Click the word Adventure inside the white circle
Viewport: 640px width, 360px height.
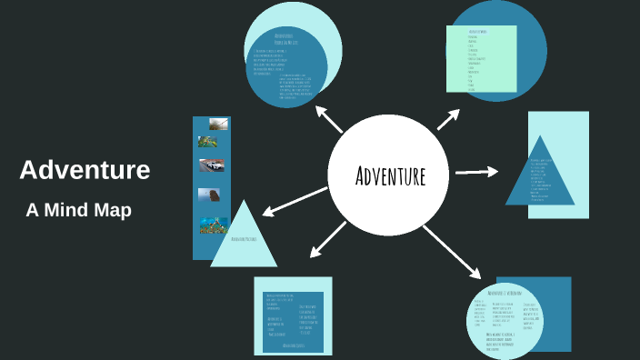(x=390, y=175)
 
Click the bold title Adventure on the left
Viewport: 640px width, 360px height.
(x=85, y=170)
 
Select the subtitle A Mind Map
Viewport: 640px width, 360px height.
(x=79, y=210)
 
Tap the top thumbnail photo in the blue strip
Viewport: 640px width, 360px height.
(x=217, y=124)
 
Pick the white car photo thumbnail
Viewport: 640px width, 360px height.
(x=212, y=165)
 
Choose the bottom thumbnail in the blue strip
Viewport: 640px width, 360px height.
(x=213, y=225)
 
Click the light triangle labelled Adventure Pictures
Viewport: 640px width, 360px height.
(x=243, y=238)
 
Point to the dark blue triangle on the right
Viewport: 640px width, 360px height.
(x=540, y=175)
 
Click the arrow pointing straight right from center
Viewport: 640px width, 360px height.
(x=476, y=171)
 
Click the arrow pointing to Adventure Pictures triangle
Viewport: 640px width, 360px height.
(x=293, y=202)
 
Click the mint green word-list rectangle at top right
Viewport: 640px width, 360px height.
(x=481, y=58)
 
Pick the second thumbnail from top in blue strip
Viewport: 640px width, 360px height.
(x=207, y=142)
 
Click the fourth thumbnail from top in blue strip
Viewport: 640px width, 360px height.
(x=208, y=195)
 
